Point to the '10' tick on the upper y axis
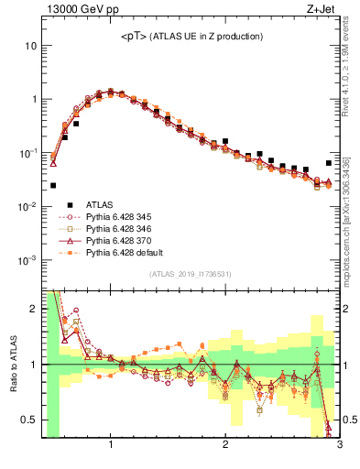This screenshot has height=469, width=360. click(30, 46)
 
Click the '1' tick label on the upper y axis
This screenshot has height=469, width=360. click(33, 99)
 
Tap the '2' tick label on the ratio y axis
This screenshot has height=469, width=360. click(34, 309)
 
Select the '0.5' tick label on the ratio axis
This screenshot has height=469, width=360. click(30, 420)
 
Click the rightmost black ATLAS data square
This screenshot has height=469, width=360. click(329, 163)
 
